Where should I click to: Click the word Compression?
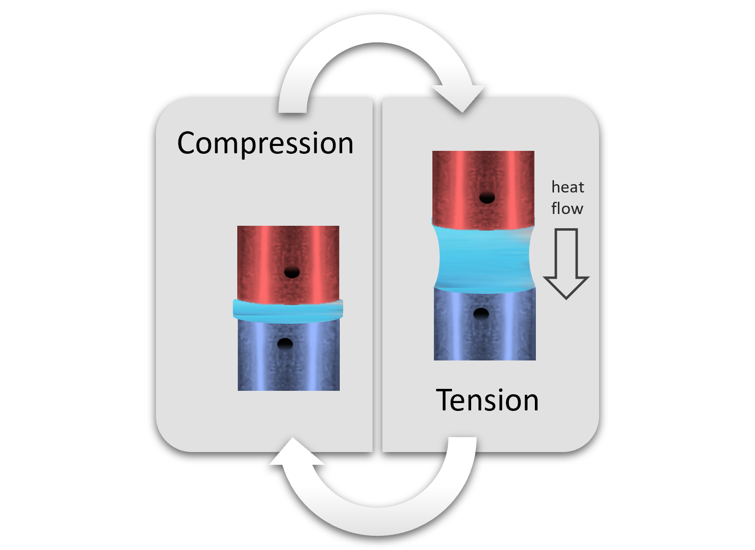(265, 143)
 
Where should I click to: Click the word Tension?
(487, 400)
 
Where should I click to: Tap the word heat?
(568, 187)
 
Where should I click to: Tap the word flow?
(567, 208)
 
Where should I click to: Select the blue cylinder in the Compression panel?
(288, 362)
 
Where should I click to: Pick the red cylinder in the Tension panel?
(483, 176)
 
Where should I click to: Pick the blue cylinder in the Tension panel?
(484, 333)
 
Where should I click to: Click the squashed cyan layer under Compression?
(288, 310)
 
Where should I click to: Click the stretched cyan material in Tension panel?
(484, 257)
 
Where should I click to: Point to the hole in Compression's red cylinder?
(292, 272)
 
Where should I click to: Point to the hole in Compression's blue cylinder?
(285, 344)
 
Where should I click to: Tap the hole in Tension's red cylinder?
(487, 198)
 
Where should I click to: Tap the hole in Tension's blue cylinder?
(481, 313)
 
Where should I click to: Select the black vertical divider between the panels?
(377, 274)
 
